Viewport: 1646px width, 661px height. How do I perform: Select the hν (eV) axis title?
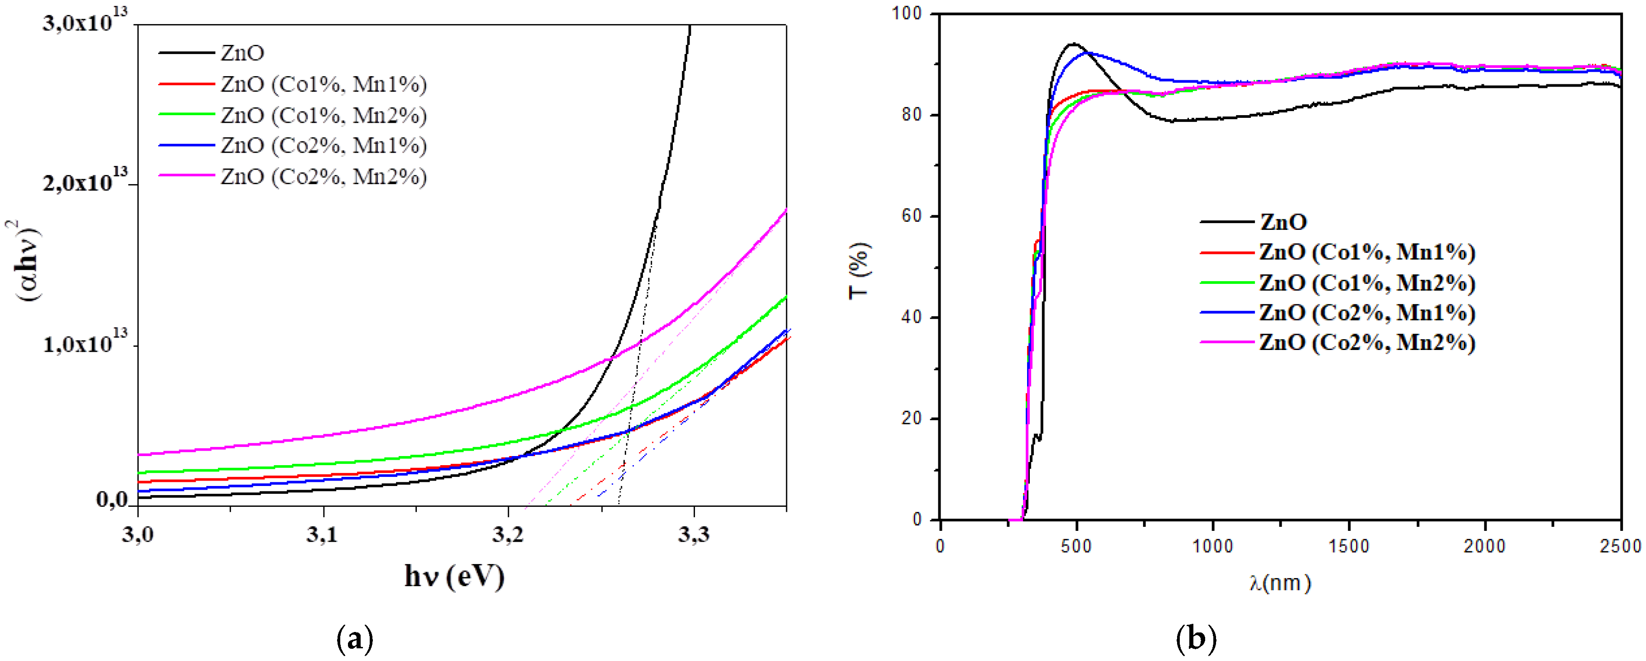(454, 577)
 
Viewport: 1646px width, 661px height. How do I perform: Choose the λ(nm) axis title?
(1280, 583)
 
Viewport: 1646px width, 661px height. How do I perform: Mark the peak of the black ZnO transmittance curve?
(1073, 44)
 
